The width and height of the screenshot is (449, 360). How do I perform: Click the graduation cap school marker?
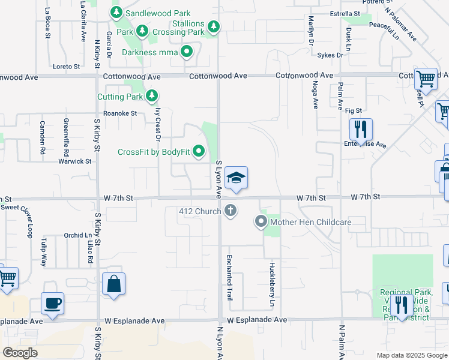tap(237, 178)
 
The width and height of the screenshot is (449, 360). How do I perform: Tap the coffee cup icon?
tap(52, 302)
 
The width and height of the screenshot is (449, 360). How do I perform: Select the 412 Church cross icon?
tap(231, 211)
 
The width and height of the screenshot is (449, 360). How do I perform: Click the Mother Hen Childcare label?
tap(310, 223)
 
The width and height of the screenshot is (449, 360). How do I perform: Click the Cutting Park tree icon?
tap(152, 96)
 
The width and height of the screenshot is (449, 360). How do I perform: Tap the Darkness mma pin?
tap(187, 52)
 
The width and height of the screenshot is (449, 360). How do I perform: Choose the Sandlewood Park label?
tap(158, 13)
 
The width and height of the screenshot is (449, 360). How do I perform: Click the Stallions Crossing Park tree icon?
tap(213, 26)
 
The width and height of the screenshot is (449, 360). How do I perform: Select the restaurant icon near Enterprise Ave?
tap(361, 129)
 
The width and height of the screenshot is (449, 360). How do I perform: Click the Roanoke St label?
tap(120, 113)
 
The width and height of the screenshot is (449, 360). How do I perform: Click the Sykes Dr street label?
tap(331, 55)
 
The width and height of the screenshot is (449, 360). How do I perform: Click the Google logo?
tap(20, 353)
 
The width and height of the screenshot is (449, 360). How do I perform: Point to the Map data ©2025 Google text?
tap(412, 355)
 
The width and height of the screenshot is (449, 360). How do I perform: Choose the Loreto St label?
tap(67, 67)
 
